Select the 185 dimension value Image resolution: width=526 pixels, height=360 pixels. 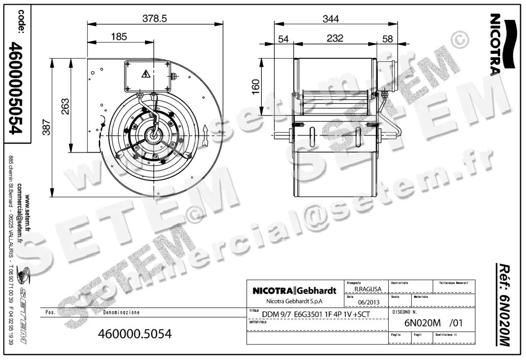coord(118,37)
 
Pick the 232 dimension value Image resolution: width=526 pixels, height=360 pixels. coord(335,39)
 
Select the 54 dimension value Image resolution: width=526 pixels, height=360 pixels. coord(284,39)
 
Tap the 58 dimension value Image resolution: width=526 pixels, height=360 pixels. coord(387,39)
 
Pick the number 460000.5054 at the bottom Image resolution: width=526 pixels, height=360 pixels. coord(136,334)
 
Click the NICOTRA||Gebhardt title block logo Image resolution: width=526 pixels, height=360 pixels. coord(294,291)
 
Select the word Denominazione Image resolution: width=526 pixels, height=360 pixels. coord(121,313)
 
